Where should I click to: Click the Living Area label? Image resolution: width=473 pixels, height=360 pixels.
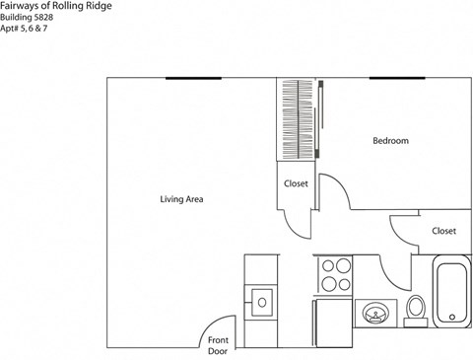point(181,199)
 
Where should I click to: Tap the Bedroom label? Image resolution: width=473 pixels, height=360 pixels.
point(390,141)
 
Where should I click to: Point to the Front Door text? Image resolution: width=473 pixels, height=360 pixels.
point(218,345)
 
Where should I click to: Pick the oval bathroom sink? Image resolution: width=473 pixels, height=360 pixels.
point(375,314)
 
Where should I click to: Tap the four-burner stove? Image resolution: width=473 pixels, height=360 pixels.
point(336,274)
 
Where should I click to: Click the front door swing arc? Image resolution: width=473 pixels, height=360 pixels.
point(214,328)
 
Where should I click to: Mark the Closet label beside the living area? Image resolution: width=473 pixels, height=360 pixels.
point(296,184)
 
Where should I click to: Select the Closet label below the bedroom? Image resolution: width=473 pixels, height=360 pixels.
point(443,231)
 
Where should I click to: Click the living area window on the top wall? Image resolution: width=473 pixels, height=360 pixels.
point(192,78)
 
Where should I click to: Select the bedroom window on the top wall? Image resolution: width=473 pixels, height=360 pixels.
point(397,78)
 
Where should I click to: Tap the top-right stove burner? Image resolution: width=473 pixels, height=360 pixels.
point(345,265)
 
